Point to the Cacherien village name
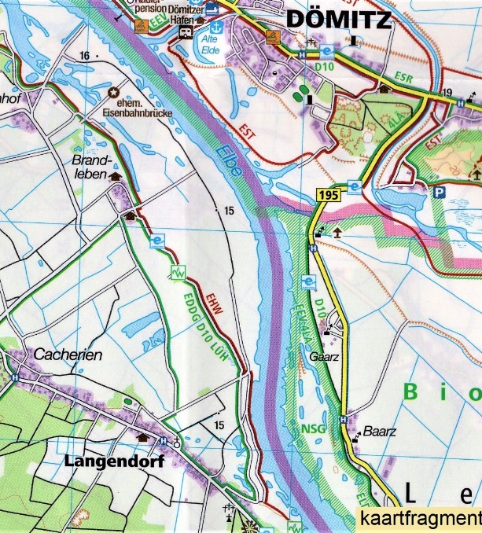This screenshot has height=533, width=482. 68,355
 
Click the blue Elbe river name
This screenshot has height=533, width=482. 226,160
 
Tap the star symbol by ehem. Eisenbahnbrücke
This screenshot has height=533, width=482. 113,94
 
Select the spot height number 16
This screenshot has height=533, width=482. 84,55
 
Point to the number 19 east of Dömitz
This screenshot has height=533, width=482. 447,93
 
